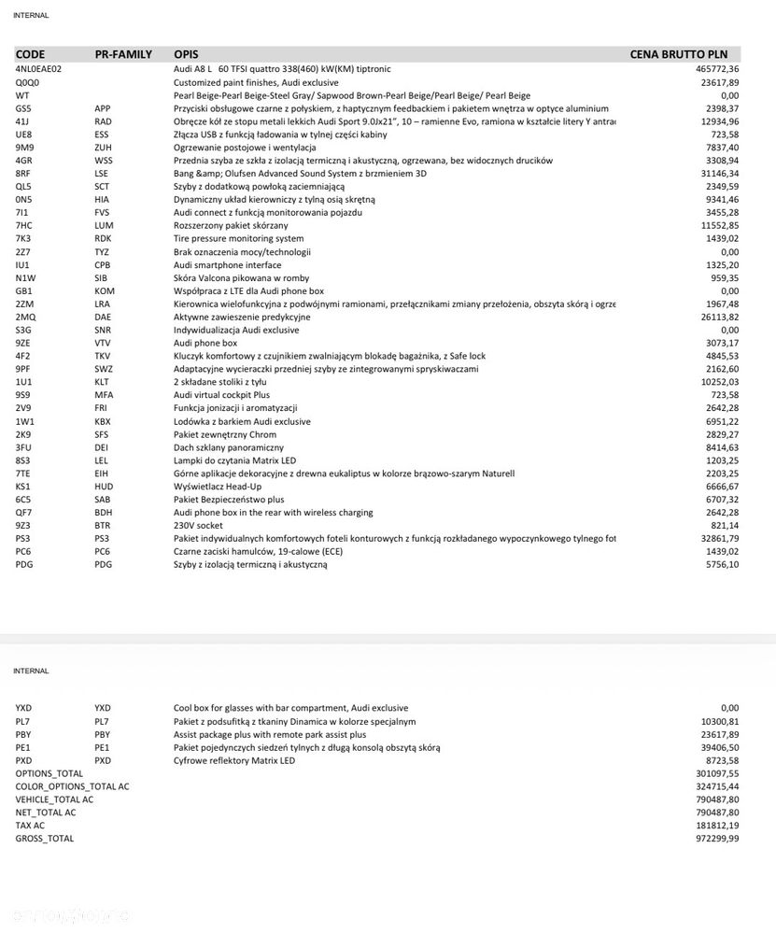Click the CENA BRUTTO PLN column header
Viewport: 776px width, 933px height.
tap(679, 54)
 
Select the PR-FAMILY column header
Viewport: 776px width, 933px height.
tap(123, 54)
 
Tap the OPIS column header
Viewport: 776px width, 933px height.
tap(186, 54)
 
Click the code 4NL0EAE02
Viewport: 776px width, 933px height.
tap(38, 69)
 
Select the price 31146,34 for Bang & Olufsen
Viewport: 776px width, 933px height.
tap(719, 174)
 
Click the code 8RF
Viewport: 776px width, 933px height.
tap(23, 174)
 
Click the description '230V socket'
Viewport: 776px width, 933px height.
tap(198, 526)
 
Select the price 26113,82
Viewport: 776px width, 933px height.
tap(719, 318)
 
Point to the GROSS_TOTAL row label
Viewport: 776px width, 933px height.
tap(44, 839)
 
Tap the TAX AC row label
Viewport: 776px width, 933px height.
tap(30, 826)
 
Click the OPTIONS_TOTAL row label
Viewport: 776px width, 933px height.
tap(49, 773)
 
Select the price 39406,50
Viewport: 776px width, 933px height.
tap(719, 747)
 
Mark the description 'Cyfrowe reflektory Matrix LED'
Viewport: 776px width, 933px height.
tap(234, 760)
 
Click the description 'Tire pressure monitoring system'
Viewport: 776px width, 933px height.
tap(238, 239)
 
